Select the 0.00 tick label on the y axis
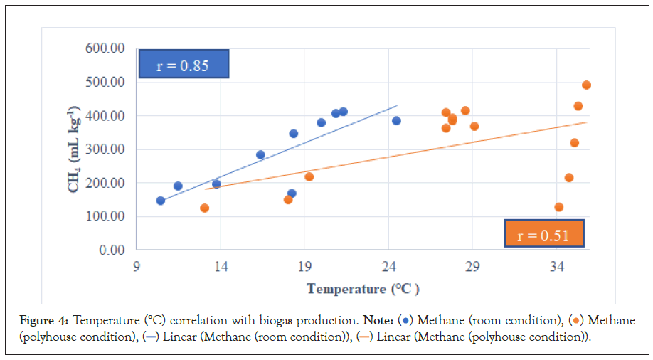111,250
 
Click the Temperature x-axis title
363,289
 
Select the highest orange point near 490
587,85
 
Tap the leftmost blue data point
161,201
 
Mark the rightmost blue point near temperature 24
396,121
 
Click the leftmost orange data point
205,208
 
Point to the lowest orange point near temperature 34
559,207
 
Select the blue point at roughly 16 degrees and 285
260,154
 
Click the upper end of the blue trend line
397,105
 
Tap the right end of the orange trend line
588,122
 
